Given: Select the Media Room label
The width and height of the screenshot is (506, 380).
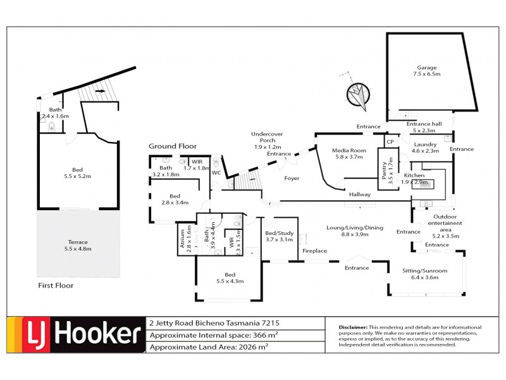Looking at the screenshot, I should tap(349, 153).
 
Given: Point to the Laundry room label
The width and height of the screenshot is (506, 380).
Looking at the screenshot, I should tap(425, 147).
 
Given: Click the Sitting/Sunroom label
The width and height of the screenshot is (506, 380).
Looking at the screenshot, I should tap(424, 274).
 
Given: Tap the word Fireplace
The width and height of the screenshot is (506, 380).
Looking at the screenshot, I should tap(314, 251).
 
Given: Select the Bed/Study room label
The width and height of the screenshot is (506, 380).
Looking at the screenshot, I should tap(278, 236).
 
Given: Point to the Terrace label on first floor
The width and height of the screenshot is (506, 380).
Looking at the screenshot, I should tap(78, 245).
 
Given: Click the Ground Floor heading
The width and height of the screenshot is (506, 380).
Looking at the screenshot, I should tap(173, 146).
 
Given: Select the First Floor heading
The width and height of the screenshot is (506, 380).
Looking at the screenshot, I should tap(56, 286).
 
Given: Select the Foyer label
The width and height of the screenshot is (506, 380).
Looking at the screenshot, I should tap(292, 178).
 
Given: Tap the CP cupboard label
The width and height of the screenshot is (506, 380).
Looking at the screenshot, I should tap(390, 142).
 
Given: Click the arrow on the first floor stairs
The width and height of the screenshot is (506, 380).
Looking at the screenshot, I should tap(99, 91).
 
